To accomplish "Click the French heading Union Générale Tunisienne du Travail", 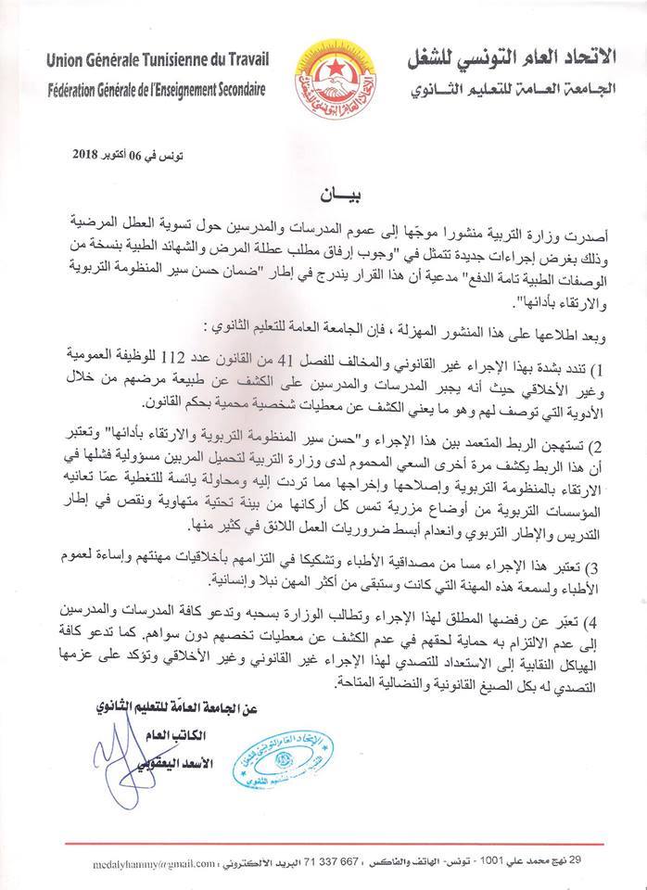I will click(158, 61).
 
